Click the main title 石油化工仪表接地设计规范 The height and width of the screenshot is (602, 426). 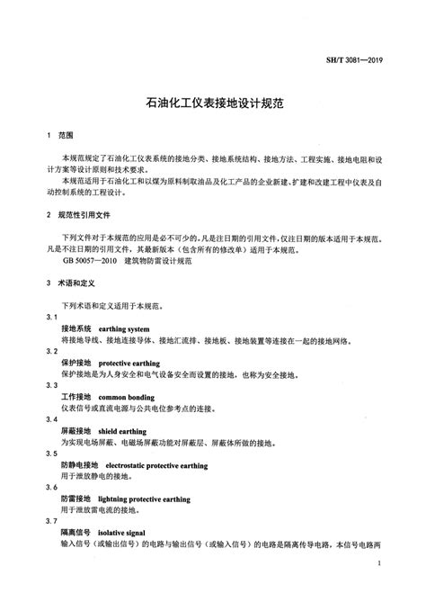(x=212, y=103)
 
